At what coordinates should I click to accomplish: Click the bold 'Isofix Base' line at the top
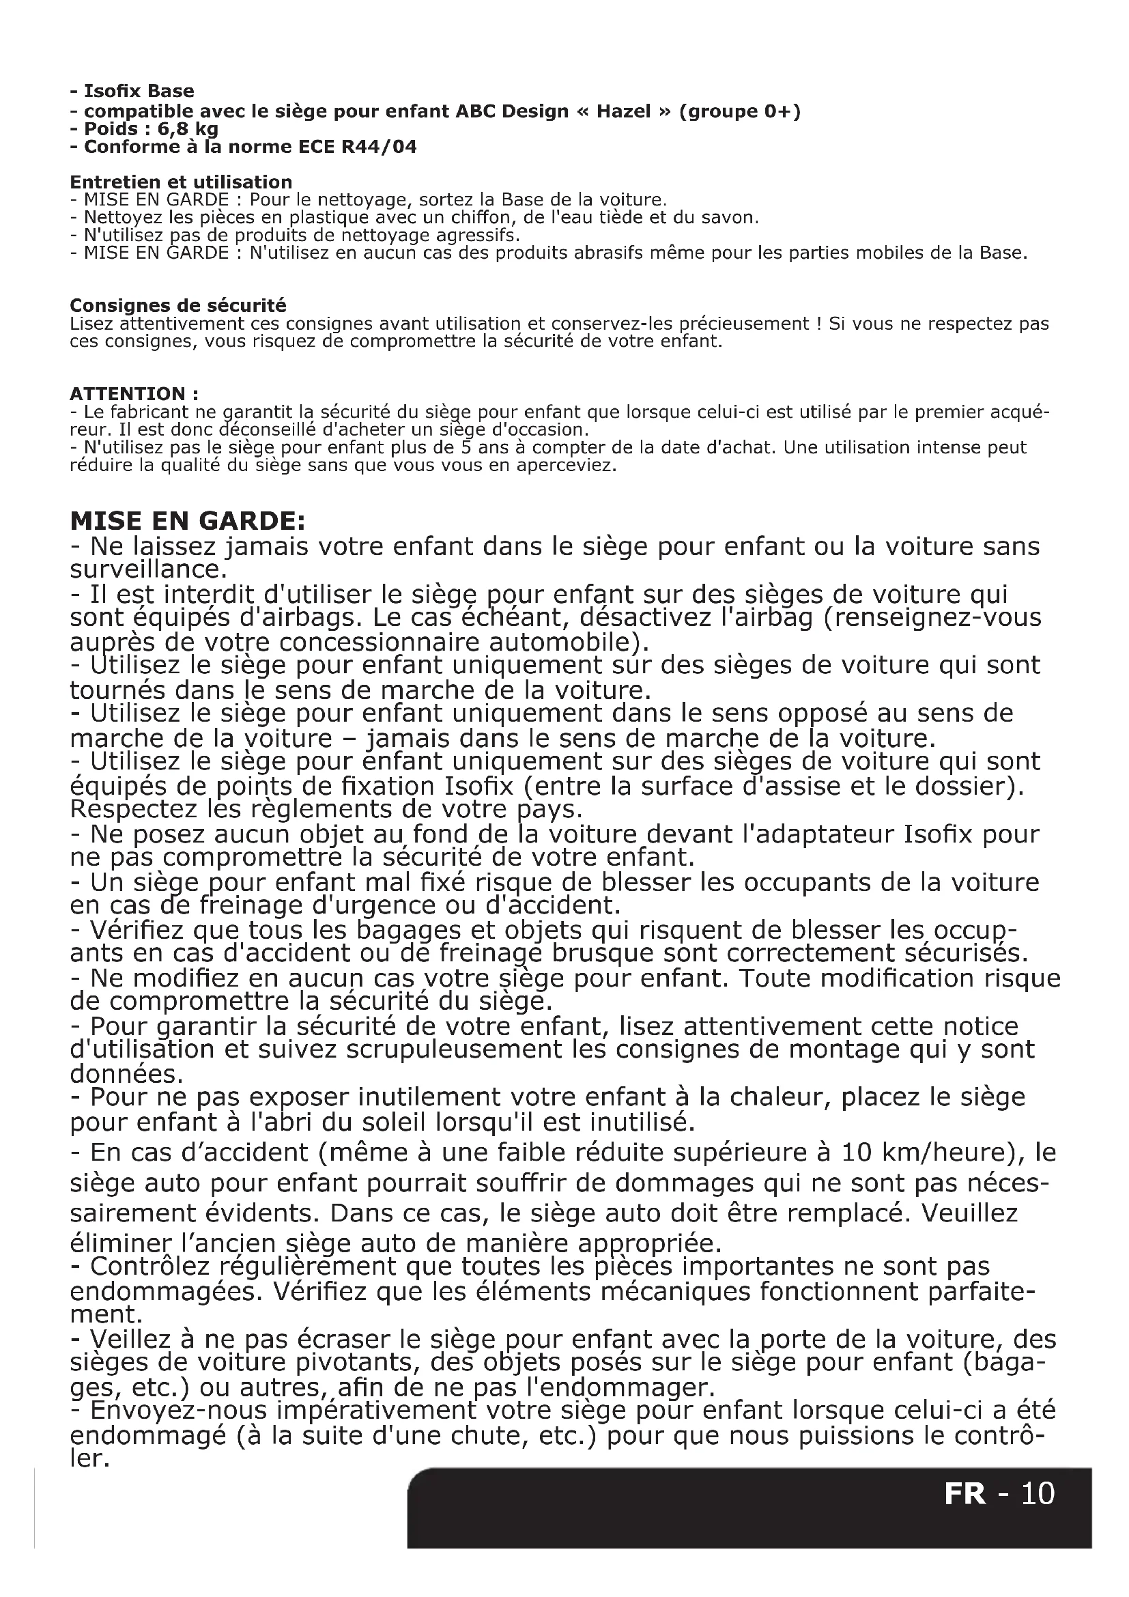pyautogui.click(x=132, y=91)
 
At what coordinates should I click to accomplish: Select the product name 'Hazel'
pyautogui.click(x=623, y=111)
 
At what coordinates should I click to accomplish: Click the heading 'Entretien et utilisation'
pyautogui.click(x=181, y=182)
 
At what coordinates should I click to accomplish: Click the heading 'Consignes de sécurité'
pyautogui.click(x=178, y=305)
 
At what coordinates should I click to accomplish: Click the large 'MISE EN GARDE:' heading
pyautogui.click(x=188, y=521)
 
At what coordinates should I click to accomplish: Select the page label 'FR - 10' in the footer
pyautogui.click(x=999, y=1493)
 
